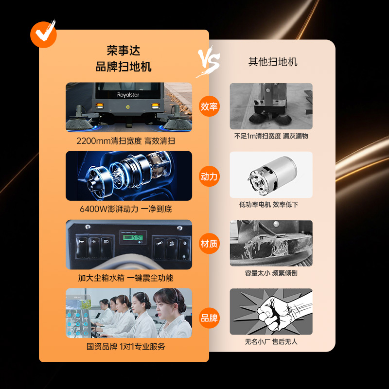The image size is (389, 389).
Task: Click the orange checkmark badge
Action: click(x=43, y=34)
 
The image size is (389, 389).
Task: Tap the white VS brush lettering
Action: click(x=209, y=61)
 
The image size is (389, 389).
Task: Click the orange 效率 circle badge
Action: click(x=209, y=106)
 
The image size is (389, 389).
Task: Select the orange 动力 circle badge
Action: click(x=209, y=177)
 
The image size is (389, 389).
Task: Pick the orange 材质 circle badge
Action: click(x=209, y=244)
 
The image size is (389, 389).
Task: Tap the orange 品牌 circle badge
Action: click(x=209, y=318)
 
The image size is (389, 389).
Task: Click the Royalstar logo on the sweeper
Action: click(x=128, y=95)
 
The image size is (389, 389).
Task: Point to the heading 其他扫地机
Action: click(x=273, y=62)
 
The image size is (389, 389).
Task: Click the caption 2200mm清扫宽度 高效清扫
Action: click(x=126, y=141)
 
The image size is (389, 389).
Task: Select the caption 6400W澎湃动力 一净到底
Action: click(x=126, y=209)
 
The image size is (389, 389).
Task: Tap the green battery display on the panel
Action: click(x=133, y=237)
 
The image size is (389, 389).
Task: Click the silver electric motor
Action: click(x=272, y=175)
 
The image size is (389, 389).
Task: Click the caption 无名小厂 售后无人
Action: click(x=271, y=342)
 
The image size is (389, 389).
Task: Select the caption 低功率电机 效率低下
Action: click(x=268, y=204)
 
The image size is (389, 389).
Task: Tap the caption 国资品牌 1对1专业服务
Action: click(x=126, y=346)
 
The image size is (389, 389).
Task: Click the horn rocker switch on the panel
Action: click(x=82, y=247)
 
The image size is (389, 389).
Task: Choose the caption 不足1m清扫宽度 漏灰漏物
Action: click(x=271, y=136)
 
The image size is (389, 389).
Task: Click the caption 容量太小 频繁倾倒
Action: click(x=271, y=273)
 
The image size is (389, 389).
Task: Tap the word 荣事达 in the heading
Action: click(x=124, y=51)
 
